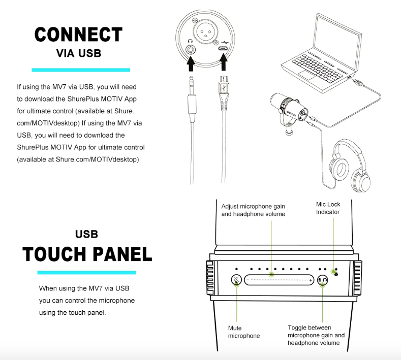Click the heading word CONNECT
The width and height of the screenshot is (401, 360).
tap(78, 35)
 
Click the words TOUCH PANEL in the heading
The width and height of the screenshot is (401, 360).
tap(87, 254)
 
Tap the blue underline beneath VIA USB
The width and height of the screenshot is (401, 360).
tap(81, 70)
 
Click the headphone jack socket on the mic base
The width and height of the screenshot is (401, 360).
tap(191, 50)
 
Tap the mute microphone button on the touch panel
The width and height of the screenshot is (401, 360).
tap(237, 279)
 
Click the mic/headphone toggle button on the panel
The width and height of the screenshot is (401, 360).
tap(322, 279)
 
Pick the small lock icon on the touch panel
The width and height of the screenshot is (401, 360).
tap(336, 273)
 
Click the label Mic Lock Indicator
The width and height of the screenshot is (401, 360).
tap(328, 208)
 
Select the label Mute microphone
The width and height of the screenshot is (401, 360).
tap(244, 332)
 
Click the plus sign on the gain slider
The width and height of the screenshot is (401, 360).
tap(311, 280)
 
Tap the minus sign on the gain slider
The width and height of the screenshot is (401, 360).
tap(248, 280)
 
